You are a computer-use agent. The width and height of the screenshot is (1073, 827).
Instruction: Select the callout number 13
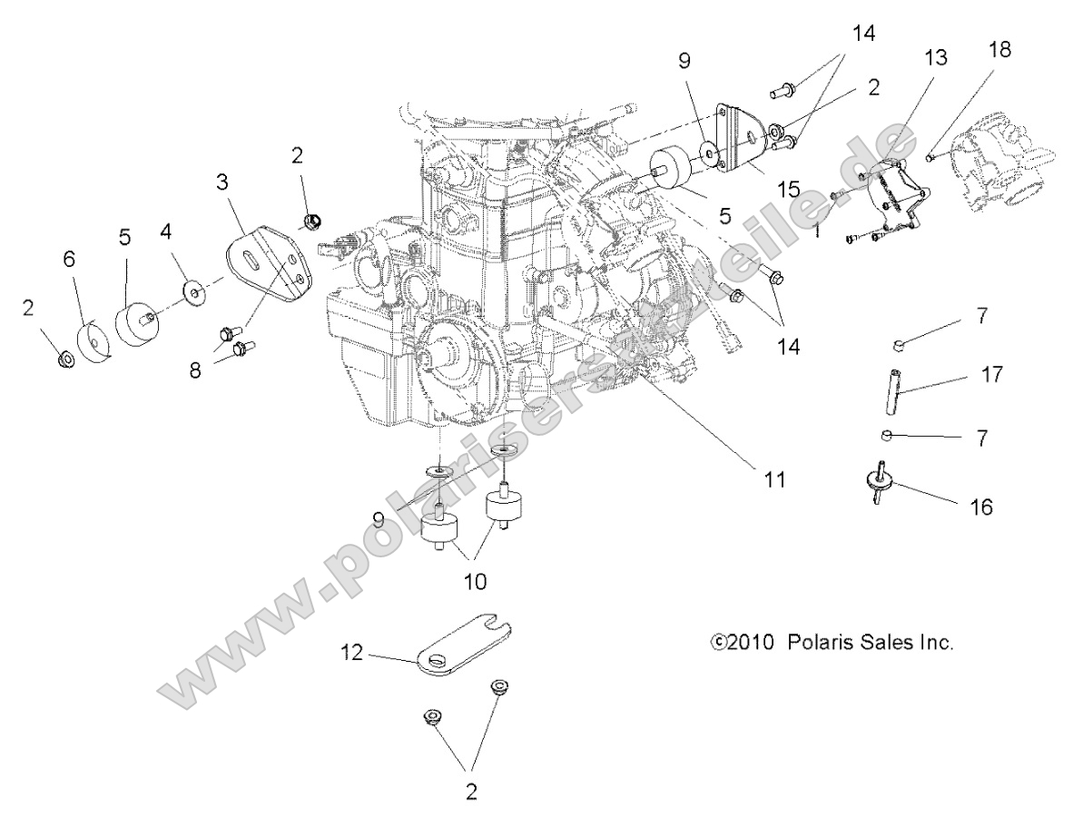point(936,59)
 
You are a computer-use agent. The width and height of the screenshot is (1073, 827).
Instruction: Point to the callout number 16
point(980,507)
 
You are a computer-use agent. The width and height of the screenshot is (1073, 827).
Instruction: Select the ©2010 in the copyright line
point(740,643)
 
